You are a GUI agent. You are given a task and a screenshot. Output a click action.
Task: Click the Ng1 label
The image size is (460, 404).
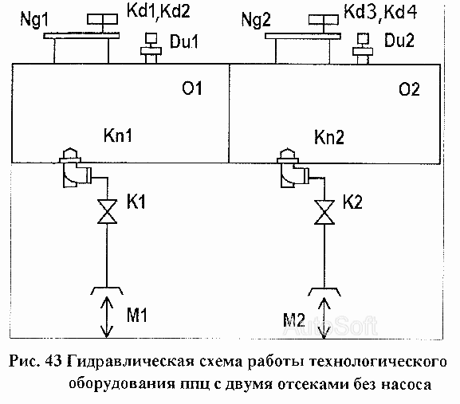tap(34, 20)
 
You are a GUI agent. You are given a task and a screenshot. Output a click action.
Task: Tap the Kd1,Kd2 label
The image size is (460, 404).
tap(159, 11)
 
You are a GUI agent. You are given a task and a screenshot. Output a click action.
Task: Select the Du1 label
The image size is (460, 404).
tap(184, 41)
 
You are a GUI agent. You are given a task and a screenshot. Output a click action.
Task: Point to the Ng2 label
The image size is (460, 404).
tap(256, 20)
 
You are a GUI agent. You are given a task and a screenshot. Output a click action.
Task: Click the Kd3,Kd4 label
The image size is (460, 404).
tap(380, 12)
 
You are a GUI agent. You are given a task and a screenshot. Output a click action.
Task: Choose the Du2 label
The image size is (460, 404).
tap(399, 40)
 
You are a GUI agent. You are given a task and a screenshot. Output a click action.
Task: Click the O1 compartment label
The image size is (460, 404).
tap(192, 88)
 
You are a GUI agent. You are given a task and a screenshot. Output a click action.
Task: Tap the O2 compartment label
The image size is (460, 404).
tap(409, 88)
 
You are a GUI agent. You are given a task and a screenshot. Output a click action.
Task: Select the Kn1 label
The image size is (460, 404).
tap(118, 135)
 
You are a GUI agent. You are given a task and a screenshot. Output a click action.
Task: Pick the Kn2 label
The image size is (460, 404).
tap(329, 137)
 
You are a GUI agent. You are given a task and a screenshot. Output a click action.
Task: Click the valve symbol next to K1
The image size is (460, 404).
tap(107, 212)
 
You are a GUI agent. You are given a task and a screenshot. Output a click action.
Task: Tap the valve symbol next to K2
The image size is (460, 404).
tap(324, 213)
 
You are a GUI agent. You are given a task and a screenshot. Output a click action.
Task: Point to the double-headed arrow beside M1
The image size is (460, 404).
tap(107, 317)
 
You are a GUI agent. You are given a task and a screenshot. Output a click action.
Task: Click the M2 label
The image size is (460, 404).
tap(294, 320)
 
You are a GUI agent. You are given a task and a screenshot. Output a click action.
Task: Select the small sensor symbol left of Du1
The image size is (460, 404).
tap(151, 48)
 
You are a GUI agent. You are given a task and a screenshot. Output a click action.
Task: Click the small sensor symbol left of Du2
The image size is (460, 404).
tap(363, 49)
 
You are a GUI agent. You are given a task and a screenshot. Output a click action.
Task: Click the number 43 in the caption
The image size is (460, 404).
tap(53, 361)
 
